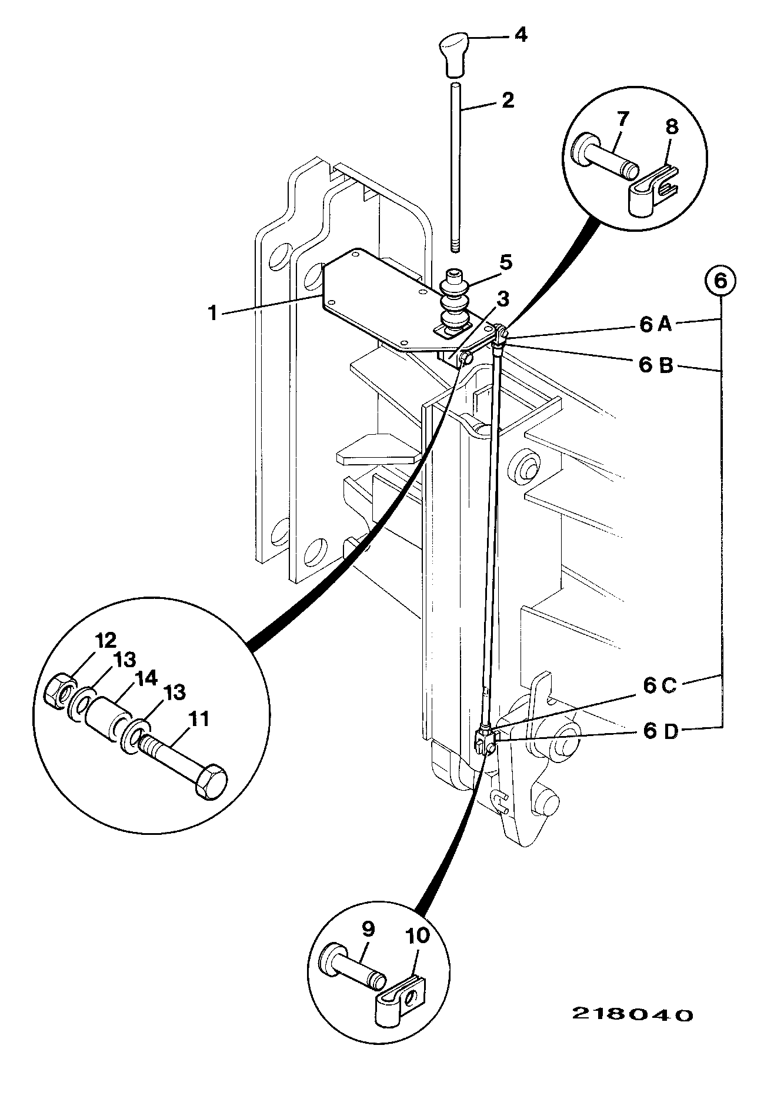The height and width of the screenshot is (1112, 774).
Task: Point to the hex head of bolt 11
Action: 209,782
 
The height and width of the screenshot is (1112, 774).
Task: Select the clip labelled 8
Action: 651,190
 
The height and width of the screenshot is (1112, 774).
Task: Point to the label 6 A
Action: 656,324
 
